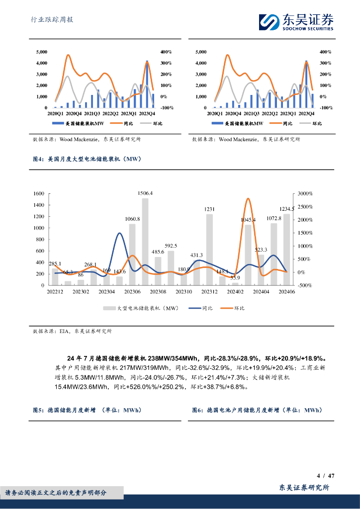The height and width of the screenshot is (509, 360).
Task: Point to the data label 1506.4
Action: (145, 193)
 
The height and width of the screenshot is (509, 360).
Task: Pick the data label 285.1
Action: (55, 263)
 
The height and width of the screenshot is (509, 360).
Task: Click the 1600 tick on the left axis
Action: (39, 193)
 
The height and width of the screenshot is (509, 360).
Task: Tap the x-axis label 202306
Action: (132, 292)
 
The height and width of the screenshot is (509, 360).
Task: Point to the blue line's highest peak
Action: (119, 233)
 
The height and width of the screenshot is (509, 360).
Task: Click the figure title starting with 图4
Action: (87, 159)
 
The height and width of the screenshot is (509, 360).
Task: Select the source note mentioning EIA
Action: (72, 331)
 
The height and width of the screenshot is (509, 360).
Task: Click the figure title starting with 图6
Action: (257, 410)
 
